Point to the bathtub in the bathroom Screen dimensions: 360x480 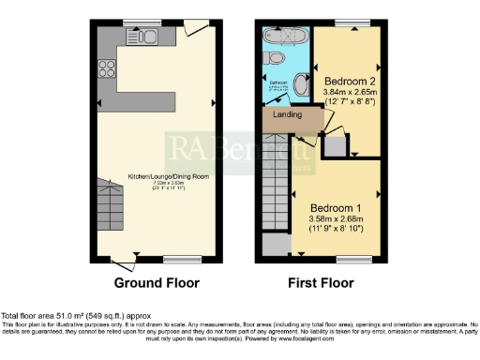285,42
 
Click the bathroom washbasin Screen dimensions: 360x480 301,84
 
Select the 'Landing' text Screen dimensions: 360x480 287,115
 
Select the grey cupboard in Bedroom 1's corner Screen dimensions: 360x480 276,244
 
